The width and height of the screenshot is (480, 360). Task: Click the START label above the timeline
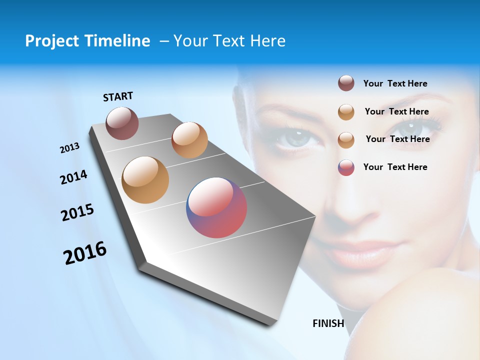[x=118, y=96]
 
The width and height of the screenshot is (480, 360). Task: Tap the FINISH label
[x=328, y=323]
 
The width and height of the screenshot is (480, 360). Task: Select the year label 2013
[x=69, y=148]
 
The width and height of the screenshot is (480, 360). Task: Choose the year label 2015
[x=77, y=212]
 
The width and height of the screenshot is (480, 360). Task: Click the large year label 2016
[x=85, y=253]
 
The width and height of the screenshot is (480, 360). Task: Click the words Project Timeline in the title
[x=87, y=41]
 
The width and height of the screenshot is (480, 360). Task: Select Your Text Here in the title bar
[x=229, y=41]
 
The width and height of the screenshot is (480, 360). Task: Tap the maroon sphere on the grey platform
[x=122, y=123]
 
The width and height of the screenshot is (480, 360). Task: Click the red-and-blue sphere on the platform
[x=216, y=207]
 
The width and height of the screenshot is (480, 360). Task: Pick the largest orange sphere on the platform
[x=145, y=180]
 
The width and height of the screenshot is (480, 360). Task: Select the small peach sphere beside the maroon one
[x=189, y=140]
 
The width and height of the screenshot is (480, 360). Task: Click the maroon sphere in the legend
[x=346, y=83]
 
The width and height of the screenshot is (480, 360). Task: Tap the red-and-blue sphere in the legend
[x=346, y=167]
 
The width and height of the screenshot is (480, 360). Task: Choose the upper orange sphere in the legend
[x=346, y=112]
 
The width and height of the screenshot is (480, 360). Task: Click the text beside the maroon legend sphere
[x=395, y=83]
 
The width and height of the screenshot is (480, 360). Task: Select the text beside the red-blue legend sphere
[x=395, y=167]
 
